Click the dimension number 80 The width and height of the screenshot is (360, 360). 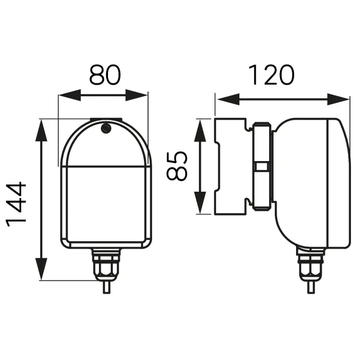pos(105,75)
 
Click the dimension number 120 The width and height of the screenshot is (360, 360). pos(272,75)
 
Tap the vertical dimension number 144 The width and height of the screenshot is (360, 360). pos(17,203)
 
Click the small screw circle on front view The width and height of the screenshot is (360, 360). pos(106,129)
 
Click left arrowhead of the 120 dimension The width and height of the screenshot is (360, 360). pos(226,99)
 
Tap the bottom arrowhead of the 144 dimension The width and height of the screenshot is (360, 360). pos(41,269)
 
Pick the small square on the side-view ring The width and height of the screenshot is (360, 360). pos(261,166)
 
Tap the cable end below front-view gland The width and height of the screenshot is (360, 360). pos(106,287)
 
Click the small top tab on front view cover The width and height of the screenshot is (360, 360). pos(106,120)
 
